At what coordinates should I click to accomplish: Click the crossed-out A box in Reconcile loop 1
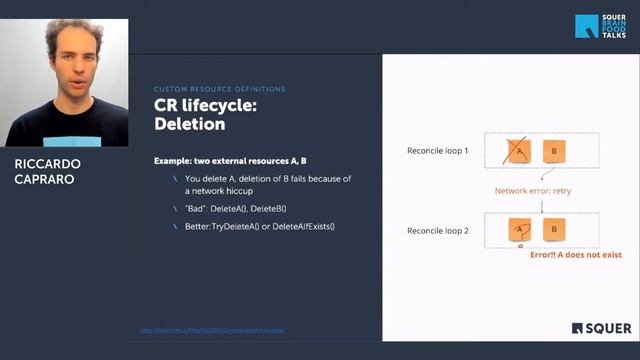point(519,151)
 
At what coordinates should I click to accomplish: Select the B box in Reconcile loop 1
point(553,151)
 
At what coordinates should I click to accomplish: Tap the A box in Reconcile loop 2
point(519,229)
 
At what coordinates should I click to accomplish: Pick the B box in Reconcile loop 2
point(553,229)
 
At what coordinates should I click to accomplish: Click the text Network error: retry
point(533,190)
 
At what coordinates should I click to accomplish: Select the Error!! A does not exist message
point(574,255)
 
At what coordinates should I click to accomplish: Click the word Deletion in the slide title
point(190,125)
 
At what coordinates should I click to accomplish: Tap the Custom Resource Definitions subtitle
point(219,89)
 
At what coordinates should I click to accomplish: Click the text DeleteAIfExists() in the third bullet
point(299,226)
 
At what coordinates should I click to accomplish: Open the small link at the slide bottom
point(217,330)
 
